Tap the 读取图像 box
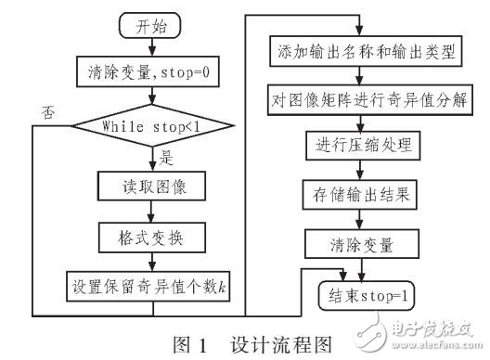click(142, 188)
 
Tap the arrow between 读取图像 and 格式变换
click(142, 212)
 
